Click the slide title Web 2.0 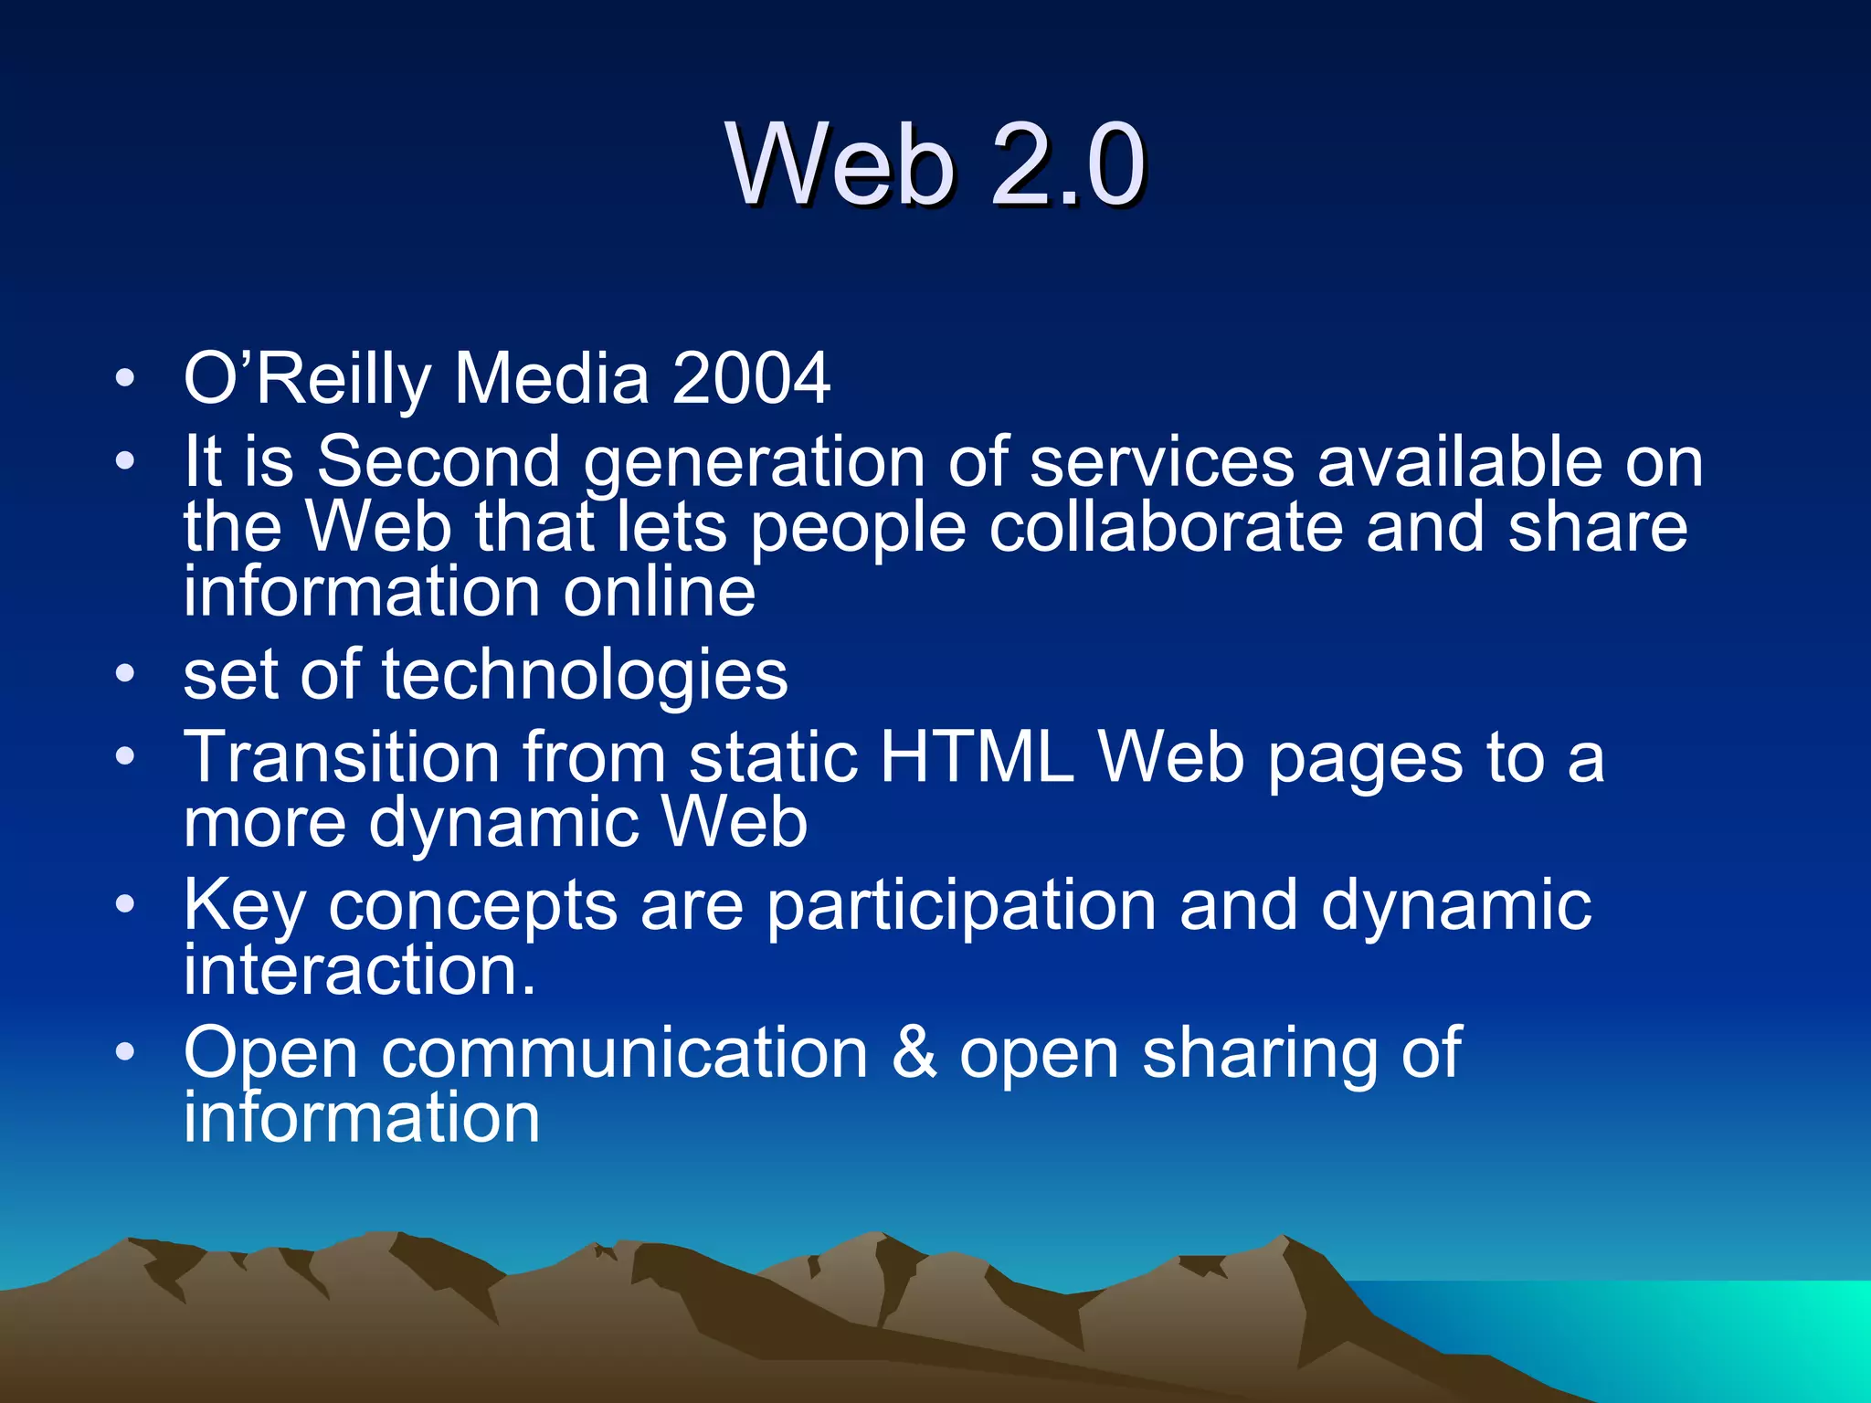tap(935, 164)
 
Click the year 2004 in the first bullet tap(751, 378)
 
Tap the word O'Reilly tap(307, 378)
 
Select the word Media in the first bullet tap(551, 378)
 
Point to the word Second tap(439, 461)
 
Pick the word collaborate tap(1166, 528)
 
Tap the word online tap(659, 592)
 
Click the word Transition tap(342, 757)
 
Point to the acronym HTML tap(976, 757)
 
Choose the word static tap(773, 757)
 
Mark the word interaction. tap(359, 970)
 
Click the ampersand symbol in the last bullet tap(914, 1052)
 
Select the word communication tap(624, 1052)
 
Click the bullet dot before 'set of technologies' tap(125, 675)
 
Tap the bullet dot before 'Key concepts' tap(125, 905)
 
